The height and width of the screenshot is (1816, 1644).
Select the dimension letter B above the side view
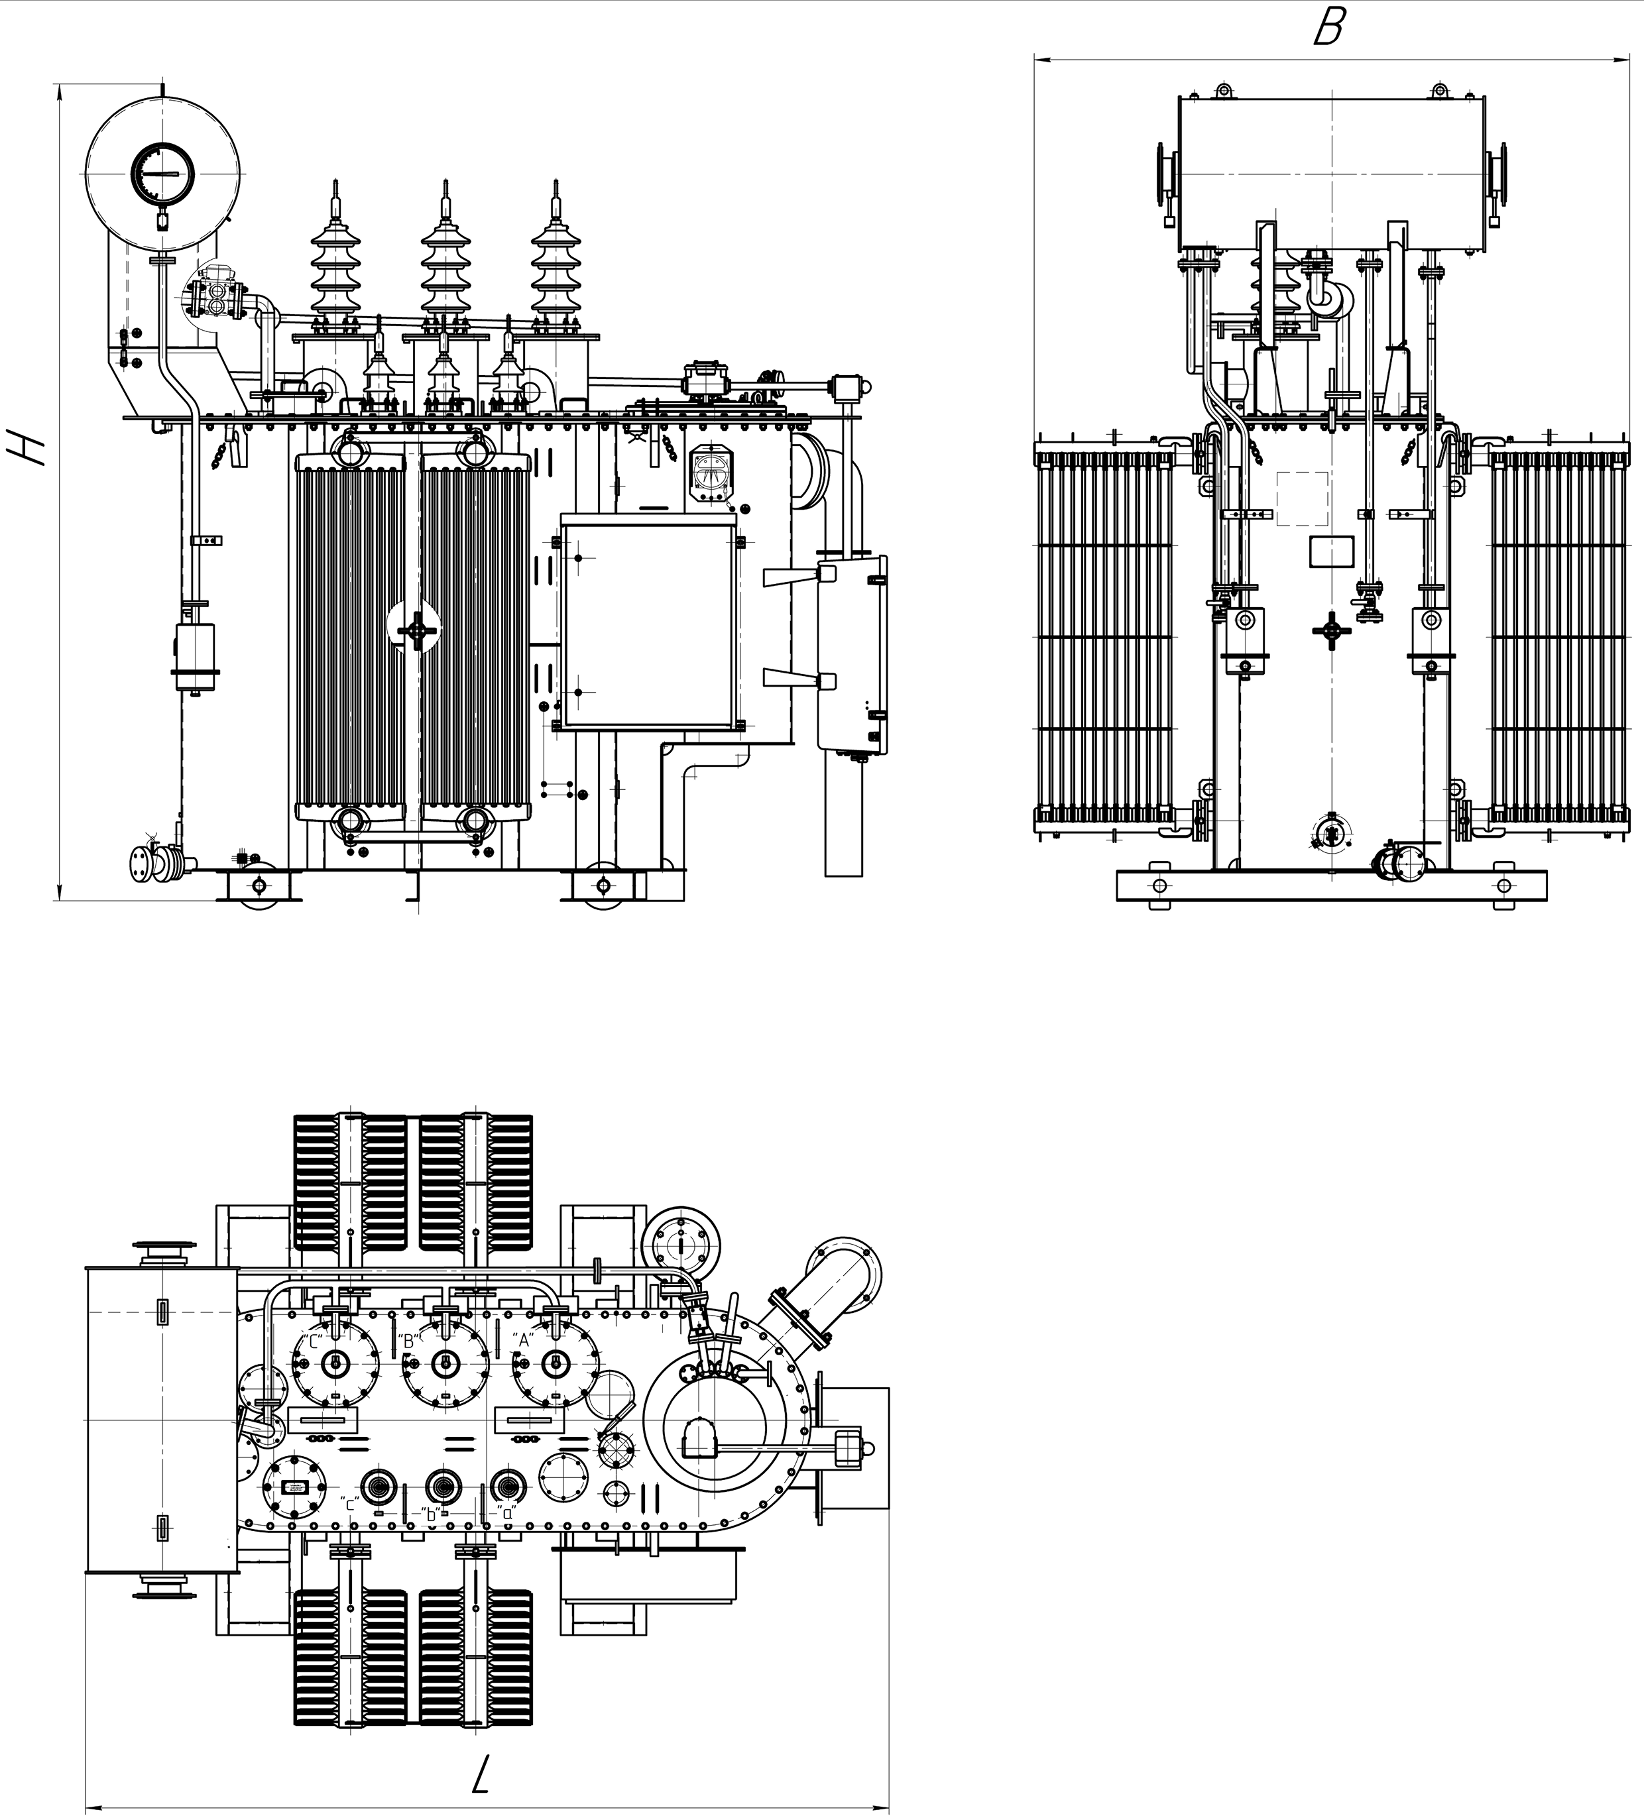click(x=1328, y=28)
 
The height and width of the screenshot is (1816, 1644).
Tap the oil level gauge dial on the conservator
click(x=162, y=172)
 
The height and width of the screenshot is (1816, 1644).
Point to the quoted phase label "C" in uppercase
click(x=313, y=1341)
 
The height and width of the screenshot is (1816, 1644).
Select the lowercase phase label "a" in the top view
click(x=507, y=1512)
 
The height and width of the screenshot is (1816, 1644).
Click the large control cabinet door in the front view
click(x=647, y=627)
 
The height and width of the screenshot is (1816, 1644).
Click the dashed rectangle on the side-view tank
click(x=1302, y=498)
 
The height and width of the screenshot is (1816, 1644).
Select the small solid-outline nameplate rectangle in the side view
click(x=1330, y=550)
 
